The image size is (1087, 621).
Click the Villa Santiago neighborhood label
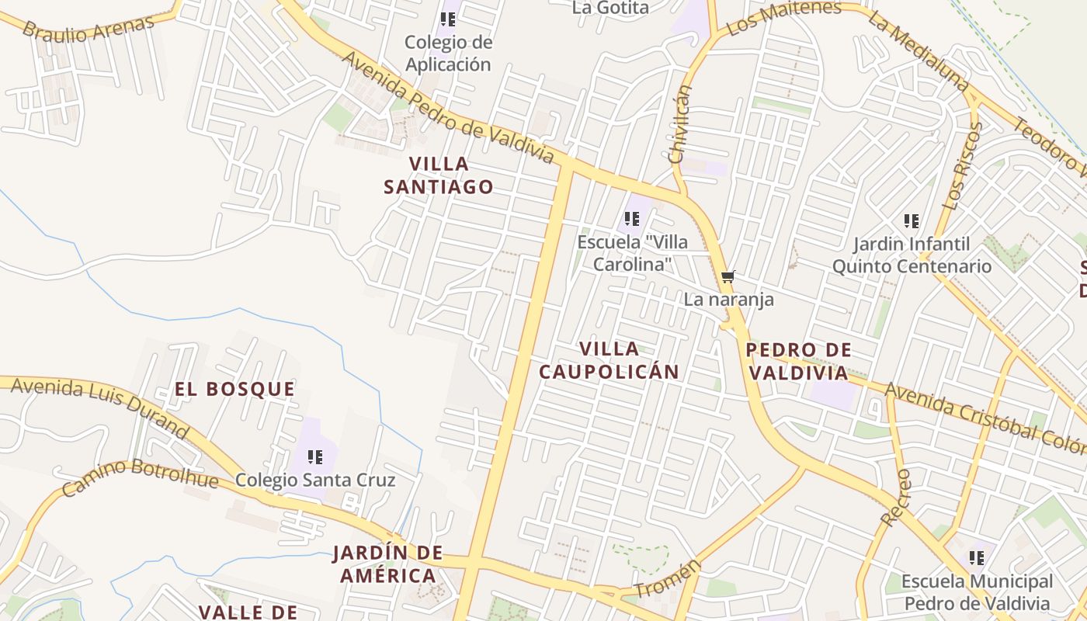[x=439, y=175]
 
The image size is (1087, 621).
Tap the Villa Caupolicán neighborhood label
[x=609, y=360]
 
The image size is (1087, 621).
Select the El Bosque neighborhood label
[x=234, y=389]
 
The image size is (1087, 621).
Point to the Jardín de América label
[x=387, y=564]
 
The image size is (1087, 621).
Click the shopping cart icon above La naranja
[x=728, y=276]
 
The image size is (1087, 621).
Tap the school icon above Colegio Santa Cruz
[x=314, y=456]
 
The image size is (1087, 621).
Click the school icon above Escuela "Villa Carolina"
[x=632, y=219]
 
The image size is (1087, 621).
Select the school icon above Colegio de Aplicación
[x=447, y=19]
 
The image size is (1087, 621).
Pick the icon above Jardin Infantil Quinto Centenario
[x=912, y=221]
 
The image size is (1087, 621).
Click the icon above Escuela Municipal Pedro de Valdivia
[x=976, y=557]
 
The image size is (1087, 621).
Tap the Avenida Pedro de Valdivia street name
[x=448, y=108]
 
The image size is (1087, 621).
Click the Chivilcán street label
[x=680, y=124]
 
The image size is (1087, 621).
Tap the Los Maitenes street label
[x=784, y=19]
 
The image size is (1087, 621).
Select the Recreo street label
[x=896, y=497]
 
